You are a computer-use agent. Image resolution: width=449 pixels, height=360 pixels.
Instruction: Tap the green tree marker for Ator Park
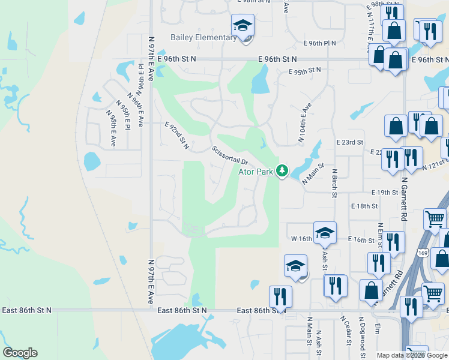click(x=282, y=172)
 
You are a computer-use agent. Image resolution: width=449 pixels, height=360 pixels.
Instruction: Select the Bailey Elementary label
click(x=203, y=38)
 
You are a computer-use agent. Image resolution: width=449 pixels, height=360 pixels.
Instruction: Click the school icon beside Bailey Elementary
click(x=243, y=26)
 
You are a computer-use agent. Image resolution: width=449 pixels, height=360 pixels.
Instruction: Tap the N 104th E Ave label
click(x=306, y=123)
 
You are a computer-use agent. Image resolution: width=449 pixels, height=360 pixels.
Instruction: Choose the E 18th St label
click(x=365, y=206)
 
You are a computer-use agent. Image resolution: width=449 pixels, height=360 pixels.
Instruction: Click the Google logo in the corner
click(x=20, y=353)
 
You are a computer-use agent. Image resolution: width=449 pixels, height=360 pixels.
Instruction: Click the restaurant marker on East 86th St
click(x=280, y=296)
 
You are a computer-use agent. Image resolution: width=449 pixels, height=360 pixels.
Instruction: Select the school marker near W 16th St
click(x=325, y=233)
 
